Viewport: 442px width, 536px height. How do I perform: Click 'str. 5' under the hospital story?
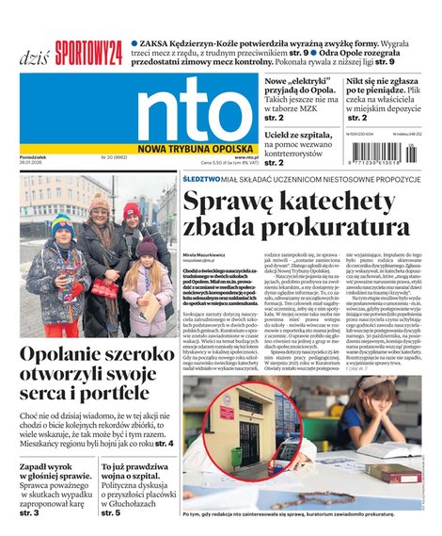coord(111,512)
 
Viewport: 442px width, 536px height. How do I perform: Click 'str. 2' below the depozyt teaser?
coord(358,119)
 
